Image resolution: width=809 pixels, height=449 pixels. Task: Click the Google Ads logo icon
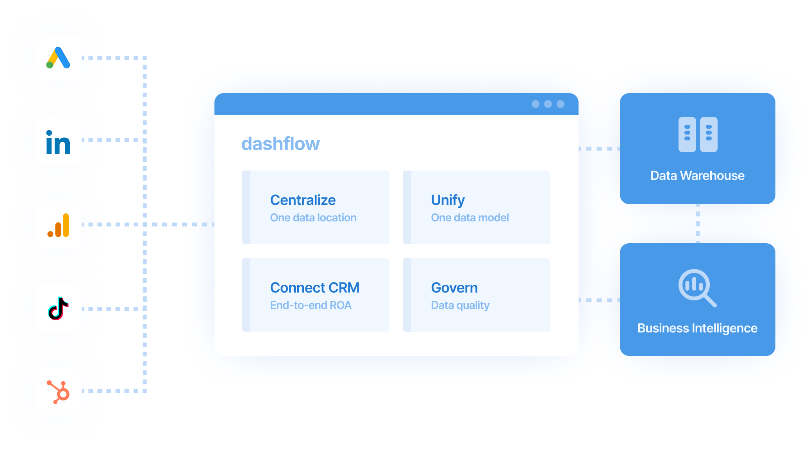[x=58, y=58]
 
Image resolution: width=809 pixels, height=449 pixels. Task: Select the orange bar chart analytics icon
[x=58, y=225]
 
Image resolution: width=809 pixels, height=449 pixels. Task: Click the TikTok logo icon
[x=58, y=309]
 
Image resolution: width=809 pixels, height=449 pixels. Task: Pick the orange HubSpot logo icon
[x=58, y=392]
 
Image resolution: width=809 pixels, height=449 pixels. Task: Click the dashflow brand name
[x=280, y=144]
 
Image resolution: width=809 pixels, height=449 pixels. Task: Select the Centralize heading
[x=303, y=200]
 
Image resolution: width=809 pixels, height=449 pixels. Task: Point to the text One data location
[x=313, y=218]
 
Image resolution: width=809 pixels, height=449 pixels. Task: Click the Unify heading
[x=448, y=200]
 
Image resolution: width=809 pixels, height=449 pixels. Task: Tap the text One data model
[x=470, y=218]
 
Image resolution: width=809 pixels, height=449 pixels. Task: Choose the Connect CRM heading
[x=314, y=288]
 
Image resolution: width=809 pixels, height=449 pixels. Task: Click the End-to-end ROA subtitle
[x=311, y=305]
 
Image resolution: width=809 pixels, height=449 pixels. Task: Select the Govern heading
[x=454, y=288]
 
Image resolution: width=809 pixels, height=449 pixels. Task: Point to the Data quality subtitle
[x=460, y=305]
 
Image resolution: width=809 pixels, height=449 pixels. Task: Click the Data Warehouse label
[x=697, y=176]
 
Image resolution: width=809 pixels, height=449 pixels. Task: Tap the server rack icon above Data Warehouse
[x=698, y=135]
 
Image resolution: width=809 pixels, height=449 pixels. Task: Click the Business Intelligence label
[x=697, y=328]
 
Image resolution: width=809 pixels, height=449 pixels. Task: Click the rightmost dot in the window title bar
[x=561, y=104]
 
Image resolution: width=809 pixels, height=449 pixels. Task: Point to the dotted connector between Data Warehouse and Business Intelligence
[x=698, y=224]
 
